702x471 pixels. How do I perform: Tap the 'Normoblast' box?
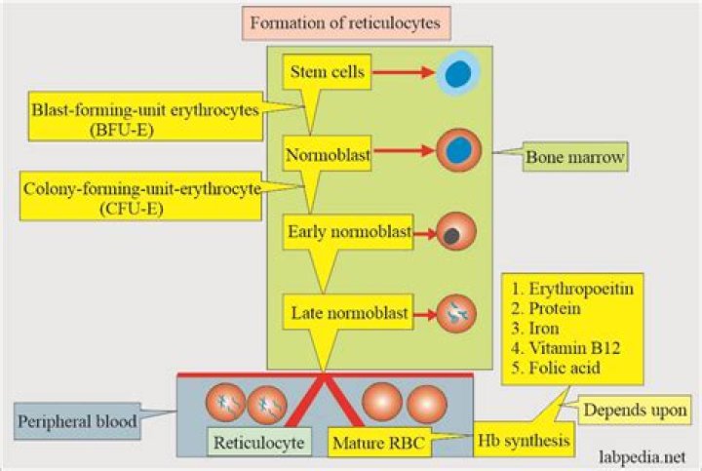[x=317, y=153]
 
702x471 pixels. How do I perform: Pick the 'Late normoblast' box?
[x=347, y=313]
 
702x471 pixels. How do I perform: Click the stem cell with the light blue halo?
[x=453, y=72]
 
